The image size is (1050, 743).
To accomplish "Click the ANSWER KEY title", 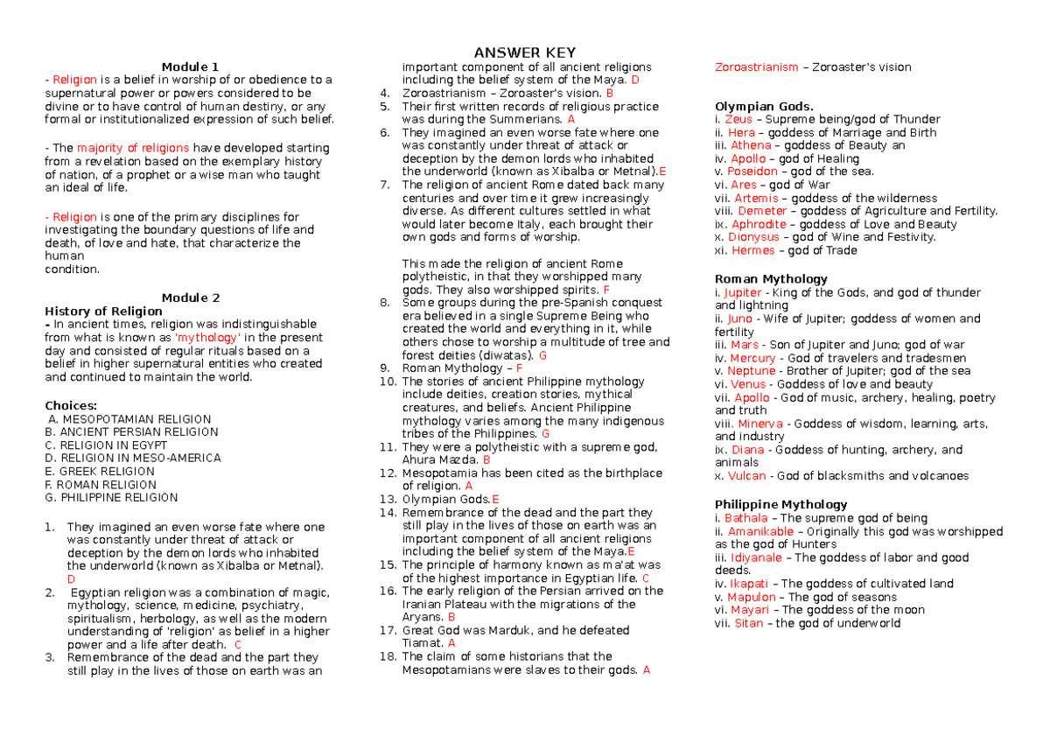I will [x=524, y=53].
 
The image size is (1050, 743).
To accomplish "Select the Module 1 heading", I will [x=190, y=67].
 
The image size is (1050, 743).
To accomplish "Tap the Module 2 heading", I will [x=190, y=298].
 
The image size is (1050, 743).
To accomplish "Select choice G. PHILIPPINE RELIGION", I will [x=111, y=497].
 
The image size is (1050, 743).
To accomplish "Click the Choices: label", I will [x=71, y=405].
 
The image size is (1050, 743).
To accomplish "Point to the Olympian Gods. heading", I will [x=764, y=107].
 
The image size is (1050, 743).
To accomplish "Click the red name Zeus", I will [x=738, y=119].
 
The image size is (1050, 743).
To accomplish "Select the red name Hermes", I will [x=752, y=250].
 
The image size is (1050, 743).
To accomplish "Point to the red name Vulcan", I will [x=746, y=476].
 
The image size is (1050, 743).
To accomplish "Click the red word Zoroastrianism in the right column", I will [x=756, y=67].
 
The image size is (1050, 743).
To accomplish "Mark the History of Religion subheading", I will [x=103, y=311].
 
